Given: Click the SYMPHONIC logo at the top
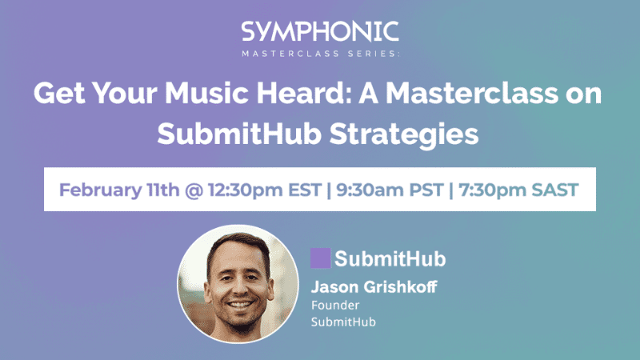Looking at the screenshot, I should (320, 32).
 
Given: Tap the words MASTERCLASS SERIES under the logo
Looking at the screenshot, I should (320, 54).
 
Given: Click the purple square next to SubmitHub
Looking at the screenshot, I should (320, 258).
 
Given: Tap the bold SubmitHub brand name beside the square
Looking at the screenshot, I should (390, 258).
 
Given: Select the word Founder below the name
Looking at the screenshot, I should (332, 305).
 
